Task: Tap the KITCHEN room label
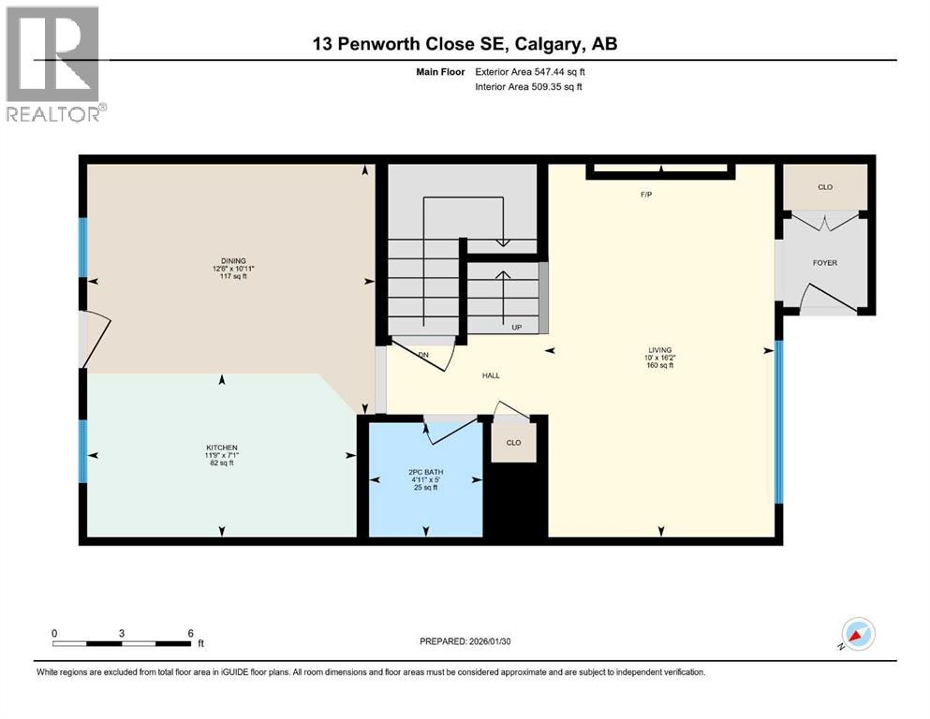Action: (222, 448)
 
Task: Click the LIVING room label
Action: (660, 346)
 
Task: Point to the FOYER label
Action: (824, 262)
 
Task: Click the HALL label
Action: (491, 375)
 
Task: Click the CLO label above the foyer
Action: (824, 187)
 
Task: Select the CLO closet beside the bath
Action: (513, 443)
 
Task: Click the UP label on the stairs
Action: (516, 328)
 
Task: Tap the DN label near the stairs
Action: (423, 355)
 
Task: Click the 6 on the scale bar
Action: (190, 633)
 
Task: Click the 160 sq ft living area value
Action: (660, 365)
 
